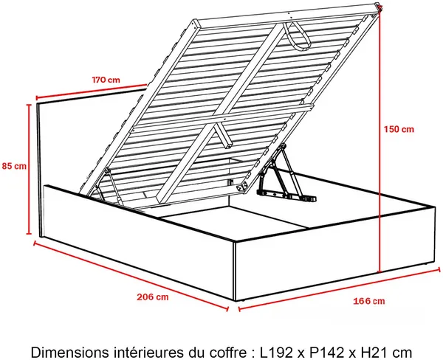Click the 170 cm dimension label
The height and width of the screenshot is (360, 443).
click(x=106, y=80)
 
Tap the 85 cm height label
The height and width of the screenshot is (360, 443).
click(x=14, y=166)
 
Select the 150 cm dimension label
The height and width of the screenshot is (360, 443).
click(x=399, y=129)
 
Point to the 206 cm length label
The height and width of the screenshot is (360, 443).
click(x=153, y=297)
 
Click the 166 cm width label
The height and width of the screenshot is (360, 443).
click(x=369, y=301)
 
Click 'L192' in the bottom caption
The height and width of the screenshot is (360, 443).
click(x=277, y=353)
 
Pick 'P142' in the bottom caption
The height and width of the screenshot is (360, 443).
click(x=326, y=353)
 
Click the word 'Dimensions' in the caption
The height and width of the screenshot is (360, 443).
click(x=69, y=353)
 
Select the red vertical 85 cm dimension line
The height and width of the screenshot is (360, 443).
click(x=29, y=169)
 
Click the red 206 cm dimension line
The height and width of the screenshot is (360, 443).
click(x=131, y=276)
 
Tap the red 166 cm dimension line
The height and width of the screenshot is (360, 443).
click(x=340, y=288)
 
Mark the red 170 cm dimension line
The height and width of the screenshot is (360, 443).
click(x=92, y=91)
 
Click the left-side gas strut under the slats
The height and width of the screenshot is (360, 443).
click(x=111, y=184)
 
